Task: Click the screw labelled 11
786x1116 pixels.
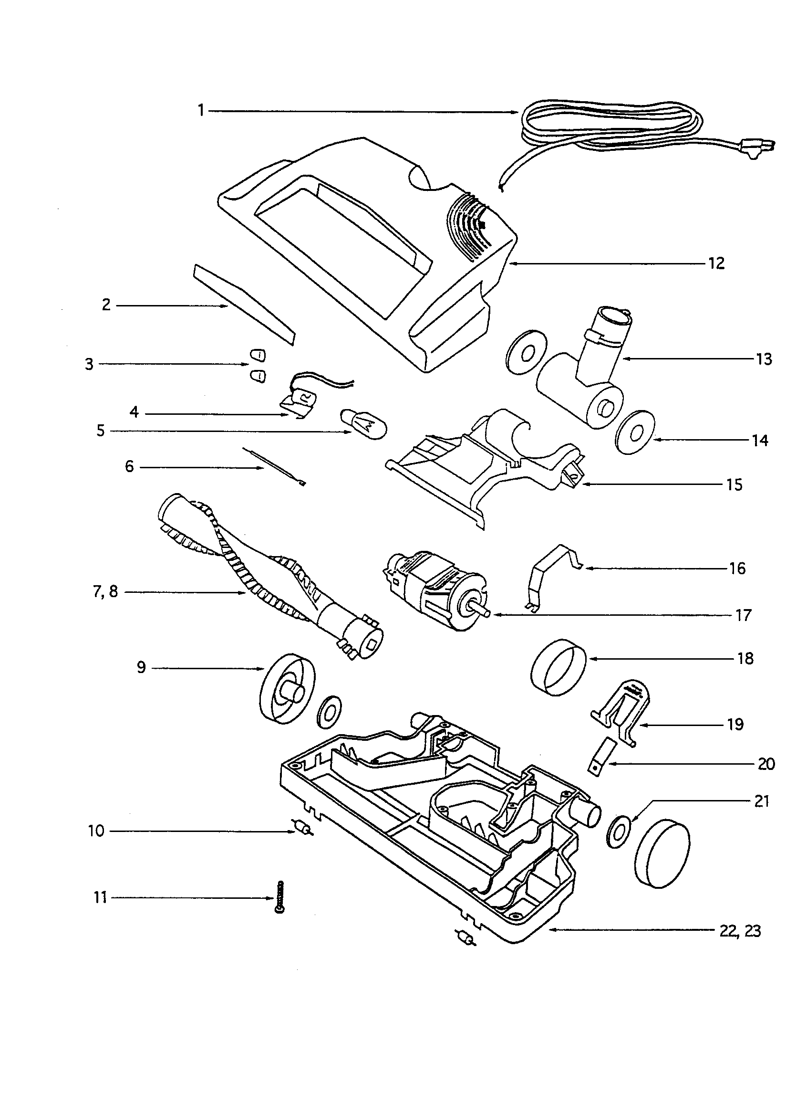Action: pyautogui.click(x=279, y=897)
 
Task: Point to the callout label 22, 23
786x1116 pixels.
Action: pyautogui.click(x=739, y=931)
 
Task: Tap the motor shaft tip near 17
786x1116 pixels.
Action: pyautogui.click(x=487, y=614)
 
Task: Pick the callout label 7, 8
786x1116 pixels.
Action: pyautogui.click(x=105, y=592)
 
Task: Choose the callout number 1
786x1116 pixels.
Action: pyautogui.click(x=201, y=111)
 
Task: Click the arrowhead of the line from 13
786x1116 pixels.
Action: pyautogui.click(x=625, y=359)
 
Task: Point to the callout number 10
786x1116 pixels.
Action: pyautogui.click(x=96, y=831)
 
